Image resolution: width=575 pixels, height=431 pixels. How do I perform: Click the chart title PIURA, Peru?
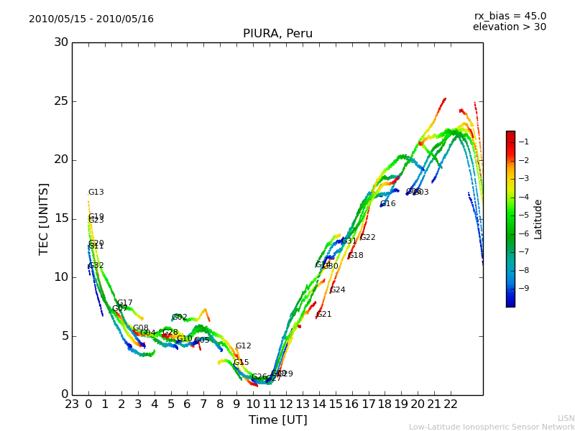(277, 34)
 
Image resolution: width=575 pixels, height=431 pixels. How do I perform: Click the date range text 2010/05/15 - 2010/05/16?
(91, 19)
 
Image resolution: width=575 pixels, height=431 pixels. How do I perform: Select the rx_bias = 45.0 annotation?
(510, 16)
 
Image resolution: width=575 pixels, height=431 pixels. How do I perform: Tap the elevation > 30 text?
(510, 27)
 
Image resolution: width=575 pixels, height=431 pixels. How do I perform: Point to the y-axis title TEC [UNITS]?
(44, 218)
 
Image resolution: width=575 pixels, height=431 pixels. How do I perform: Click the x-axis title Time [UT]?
(277, 420)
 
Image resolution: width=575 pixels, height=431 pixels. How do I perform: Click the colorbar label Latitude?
(538, 219)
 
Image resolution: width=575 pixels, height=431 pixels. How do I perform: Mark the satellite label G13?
(96, 193)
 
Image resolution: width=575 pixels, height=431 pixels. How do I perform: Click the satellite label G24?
(338, 290)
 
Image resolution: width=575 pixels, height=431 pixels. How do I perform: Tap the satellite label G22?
(368, 238)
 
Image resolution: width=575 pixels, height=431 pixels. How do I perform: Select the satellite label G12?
(244, 346)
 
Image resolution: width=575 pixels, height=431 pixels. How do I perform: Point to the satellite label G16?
(388, 204)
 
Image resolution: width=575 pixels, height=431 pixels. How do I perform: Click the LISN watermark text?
(566, 418)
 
